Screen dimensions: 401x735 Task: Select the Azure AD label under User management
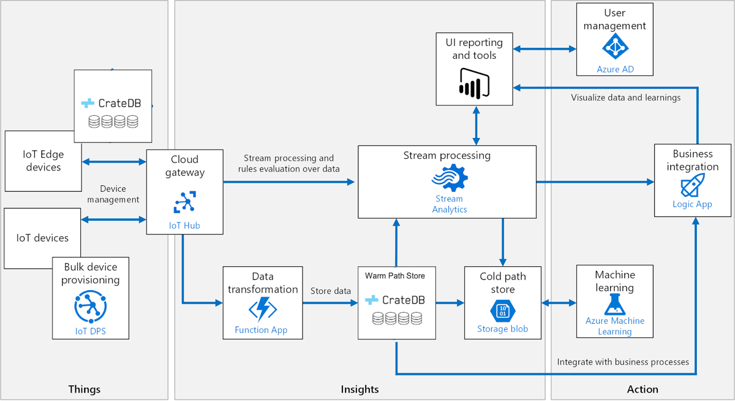pos(615,69)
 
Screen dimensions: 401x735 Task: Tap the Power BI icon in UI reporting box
pos(474,83)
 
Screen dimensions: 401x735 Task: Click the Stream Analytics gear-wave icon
pos(450,177)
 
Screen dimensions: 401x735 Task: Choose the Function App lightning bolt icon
pos(262,309)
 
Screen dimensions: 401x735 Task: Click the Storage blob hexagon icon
pos(502,309)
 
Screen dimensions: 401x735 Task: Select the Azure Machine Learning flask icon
pos(614,304)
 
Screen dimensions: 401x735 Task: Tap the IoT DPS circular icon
pos(90,308)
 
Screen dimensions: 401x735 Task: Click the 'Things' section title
pos(84,389)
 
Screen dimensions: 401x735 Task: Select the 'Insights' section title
pos(360,389)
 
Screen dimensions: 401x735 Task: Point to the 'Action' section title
pos(643,389)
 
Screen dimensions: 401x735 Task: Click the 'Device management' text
pos(113,194)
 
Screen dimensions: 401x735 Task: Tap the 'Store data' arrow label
pos(330,291)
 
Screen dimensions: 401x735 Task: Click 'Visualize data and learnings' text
pos(625,97)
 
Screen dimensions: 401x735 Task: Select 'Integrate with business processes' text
pos(623,362)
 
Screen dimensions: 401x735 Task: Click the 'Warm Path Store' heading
pos(395,276)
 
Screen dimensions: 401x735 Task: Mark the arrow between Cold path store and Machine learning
pos(560,303)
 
